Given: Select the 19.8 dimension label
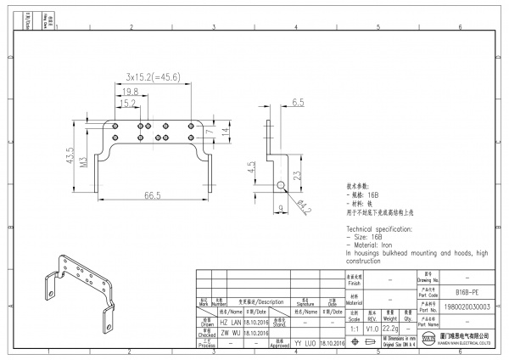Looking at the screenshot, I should pos(130,92).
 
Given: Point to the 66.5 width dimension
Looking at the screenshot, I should pos(153,196).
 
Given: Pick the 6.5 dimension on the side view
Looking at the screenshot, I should pos(298,102).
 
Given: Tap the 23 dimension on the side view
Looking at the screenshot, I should pos(297,176).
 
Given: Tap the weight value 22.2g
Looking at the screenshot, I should pos(390,328).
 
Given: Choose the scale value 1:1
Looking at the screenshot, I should pos(353,328).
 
